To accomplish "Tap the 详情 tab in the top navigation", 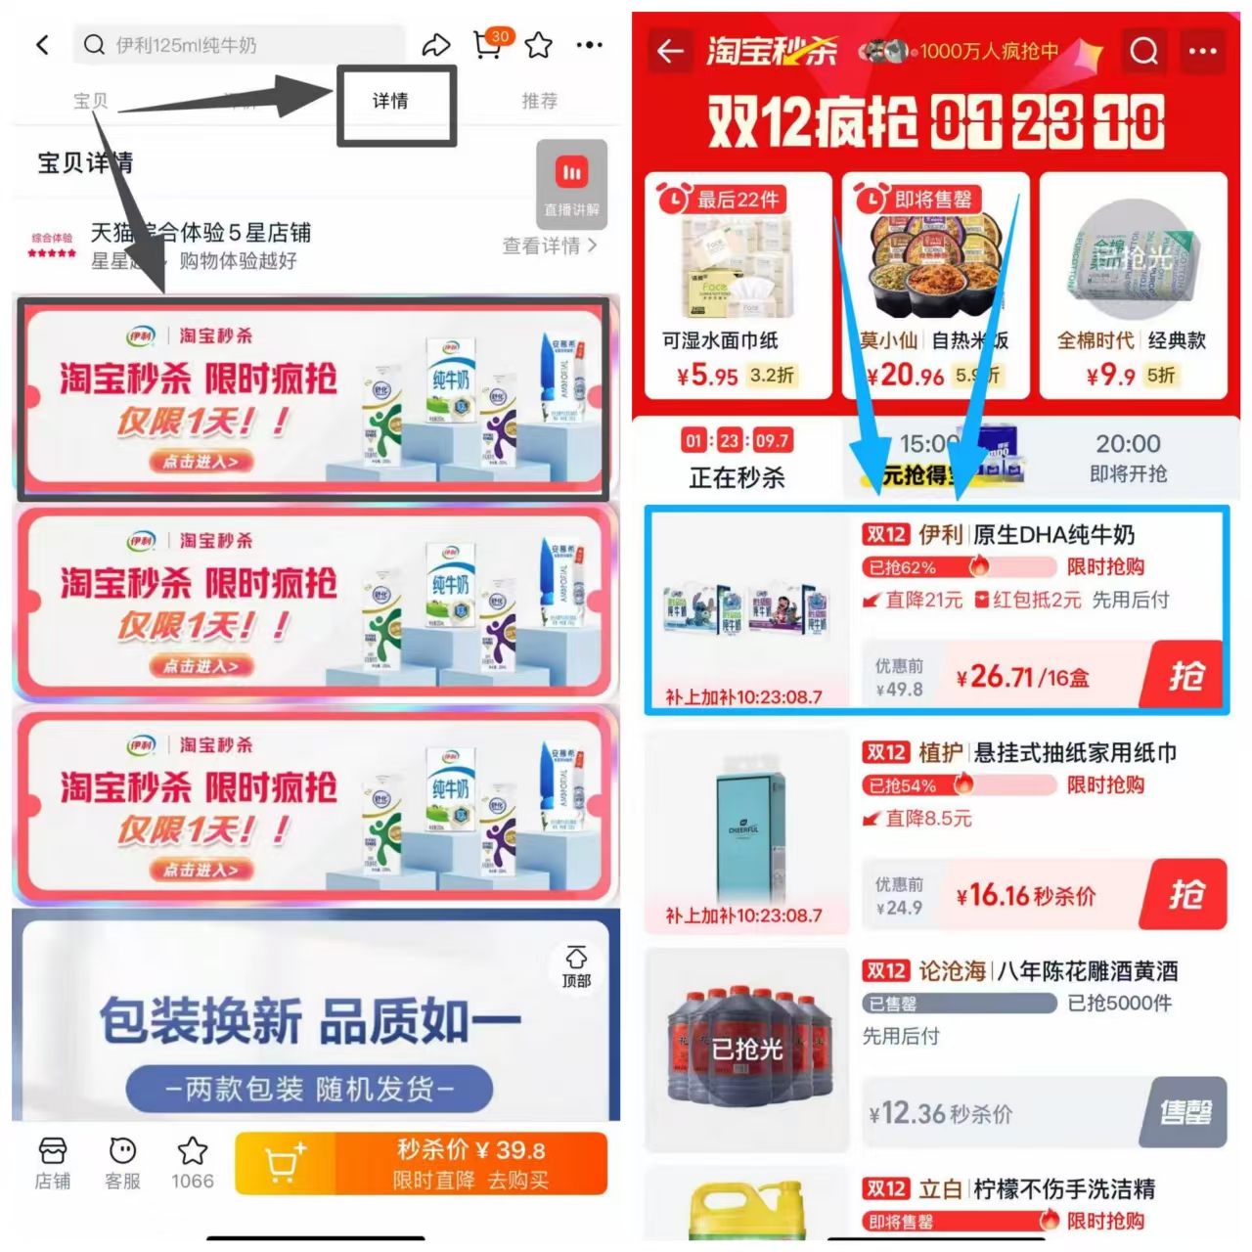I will tap(390, 101).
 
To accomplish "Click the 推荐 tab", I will tap(539, 101).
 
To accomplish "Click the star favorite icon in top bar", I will tap(539, 45).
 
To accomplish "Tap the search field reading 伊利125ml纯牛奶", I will tap(240, 45).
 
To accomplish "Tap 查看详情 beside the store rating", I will tap(549, 246).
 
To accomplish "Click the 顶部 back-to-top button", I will tap(576, 966).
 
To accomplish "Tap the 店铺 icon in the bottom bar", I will tap(53, 1163).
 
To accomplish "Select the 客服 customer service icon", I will tap(123, 1163).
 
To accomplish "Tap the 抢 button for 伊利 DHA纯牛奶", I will tap(1185, 675).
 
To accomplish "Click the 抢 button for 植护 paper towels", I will tap(1185, 894).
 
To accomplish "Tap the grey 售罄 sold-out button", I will tap(1185, 1112).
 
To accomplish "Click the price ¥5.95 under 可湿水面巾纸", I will tap(707, 376).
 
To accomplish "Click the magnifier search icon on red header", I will tap(1143, 50).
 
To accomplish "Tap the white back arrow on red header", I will tap(671, 50).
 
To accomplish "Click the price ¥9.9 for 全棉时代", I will tap(1110, 376).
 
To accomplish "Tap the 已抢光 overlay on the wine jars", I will tap(747, 1050).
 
